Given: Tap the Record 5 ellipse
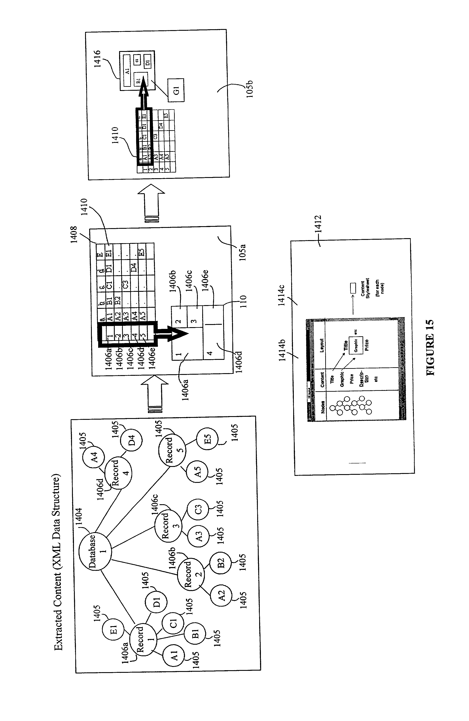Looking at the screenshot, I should click(172, 450).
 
